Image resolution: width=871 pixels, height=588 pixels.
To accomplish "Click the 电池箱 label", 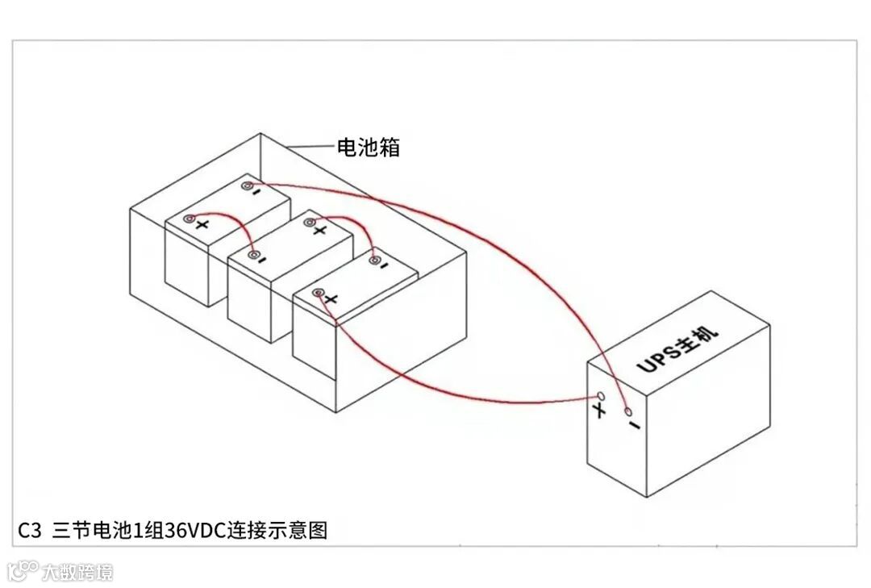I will coord(369,147).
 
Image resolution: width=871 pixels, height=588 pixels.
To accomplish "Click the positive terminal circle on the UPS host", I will coord(599,397).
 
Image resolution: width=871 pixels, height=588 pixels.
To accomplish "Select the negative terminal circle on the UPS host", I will coord(629,412).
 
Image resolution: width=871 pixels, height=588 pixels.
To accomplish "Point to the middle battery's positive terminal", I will coord(307,221).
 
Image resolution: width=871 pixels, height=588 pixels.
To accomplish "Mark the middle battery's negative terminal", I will coord(255,256).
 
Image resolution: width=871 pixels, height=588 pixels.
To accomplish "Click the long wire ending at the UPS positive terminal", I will coord(452,392).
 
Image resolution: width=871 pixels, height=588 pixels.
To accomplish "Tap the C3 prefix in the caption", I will coord(30,531).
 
